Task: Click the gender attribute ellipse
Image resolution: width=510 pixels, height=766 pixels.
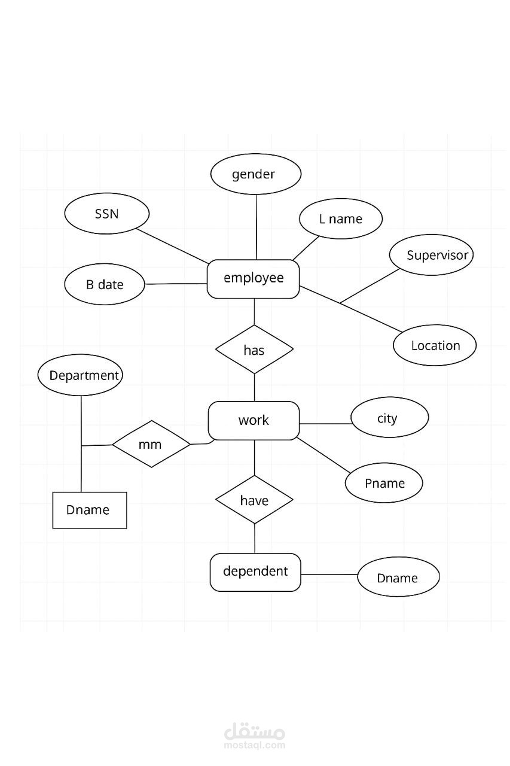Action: (255, 174)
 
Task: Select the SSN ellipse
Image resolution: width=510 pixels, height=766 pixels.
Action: (107, 214)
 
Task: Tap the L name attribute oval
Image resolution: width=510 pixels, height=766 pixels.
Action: (341, 218)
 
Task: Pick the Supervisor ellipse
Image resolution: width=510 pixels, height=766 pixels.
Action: (431, 255)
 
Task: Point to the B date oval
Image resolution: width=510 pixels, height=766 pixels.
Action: (105, 284)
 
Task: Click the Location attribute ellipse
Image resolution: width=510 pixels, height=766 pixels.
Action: (435, 345)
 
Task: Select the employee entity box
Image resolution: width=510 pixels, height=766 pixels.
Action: (253, 279)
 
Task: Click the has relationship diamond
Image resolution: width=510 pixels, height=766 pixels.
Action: (254, 349)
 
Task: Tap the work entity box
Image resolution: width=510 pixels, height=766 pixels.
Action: (254, 420)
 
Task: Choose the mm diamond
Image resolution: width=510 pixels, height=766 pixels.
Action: (151, 444)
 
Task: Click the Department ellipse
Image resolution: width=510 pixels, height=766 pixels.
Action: (80, 375)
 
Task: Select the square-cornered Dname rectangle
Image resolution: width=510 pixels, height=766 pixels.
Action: (90, 510)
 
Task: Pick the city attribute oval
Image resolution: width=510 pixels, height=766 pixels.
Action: (389, 417)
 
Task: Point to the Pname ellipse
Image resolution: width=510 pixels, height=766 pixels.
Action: (384, 483)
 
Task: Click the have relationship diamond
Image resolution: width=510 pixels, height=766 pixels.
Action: (254, 500)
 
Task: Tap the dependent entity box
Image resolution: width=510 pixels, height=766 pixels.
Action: (255, 572)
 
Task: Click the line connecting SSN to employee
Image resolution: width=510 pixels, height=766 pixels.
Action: (173, 246)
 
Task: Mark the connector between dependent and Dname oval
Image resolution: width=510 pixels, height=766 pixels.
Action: (329, 574)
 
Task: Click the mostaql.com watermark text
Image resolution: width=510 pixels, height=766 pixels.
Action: (255, 745)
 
